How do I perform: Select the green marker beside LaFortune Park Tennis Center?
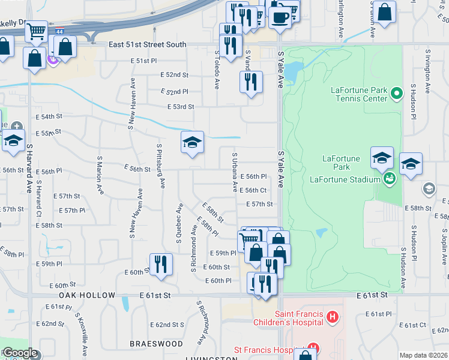pyautogui.click(x=396, y=94)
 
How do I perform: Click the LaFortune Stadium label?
pyautogui.click(x=345, y=179)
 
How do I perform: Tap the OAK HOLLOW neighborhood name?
pyautogui.click(x=87, y=296)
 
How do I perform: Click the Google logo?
pyautogui.click(x=19, y=353)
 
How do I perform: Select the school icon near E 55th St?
pyautogui.click(x=192, y=143)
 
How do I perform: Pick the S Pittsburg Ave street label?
pyautogui.click(x=161, y=165)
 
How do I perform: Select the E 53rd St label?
pyautogui.click(x=181, y=107)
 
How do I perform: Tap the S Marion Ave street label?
pyautogui.click(x=100, y=173)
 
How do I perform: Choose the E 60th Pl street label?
pyautogui.click(x=218, y=281)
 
